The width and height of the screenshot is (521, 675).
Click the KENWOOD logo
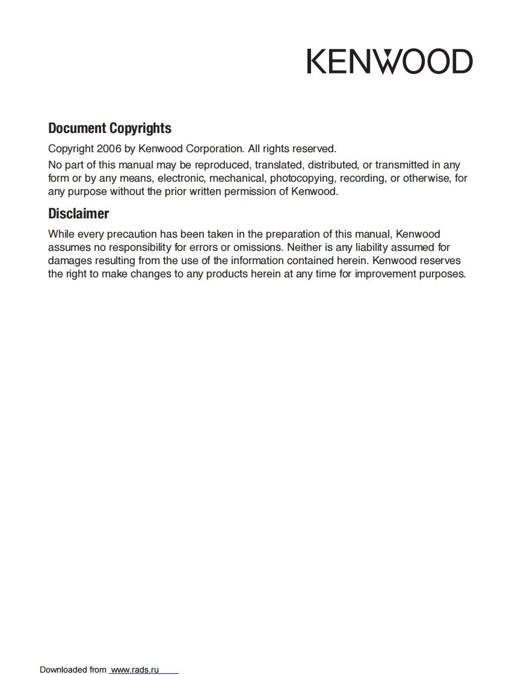(389, 61)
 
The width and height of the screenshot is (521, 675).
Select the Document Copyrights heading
(109, 128)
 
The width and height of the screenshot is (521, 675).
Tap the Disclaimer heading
(78, 214)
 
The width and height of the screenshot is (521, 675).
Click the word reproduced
(221, 165)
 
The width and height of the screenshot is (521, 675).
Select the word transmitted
(402, 165)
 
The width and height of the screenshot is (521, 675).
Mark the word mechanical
(237, 178)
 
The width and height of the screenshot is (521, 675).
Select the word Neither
(305, 247)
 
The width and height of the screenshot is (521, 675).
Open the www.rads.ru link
(135, 670)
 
